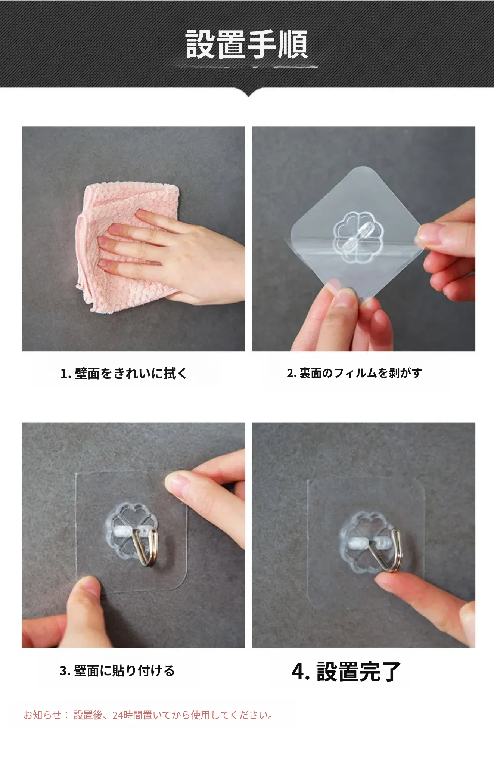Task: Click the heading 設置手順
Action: (x=247, y=44)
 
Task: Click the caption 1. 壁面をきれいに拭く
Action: (x=124, y=373)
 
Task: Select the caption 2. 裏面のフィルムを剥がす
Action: (x=354, y=373)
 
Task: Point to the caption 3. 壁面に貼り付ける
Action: (x=117, y=670)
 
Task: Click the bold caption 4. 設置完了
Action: (x=346, y=671)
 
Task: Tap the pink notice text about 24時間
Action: (x=149, y=715)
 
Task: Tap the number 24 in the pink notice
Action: (x=118, y=715)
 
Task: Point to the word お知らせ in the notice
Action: (x=42, y=715)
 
